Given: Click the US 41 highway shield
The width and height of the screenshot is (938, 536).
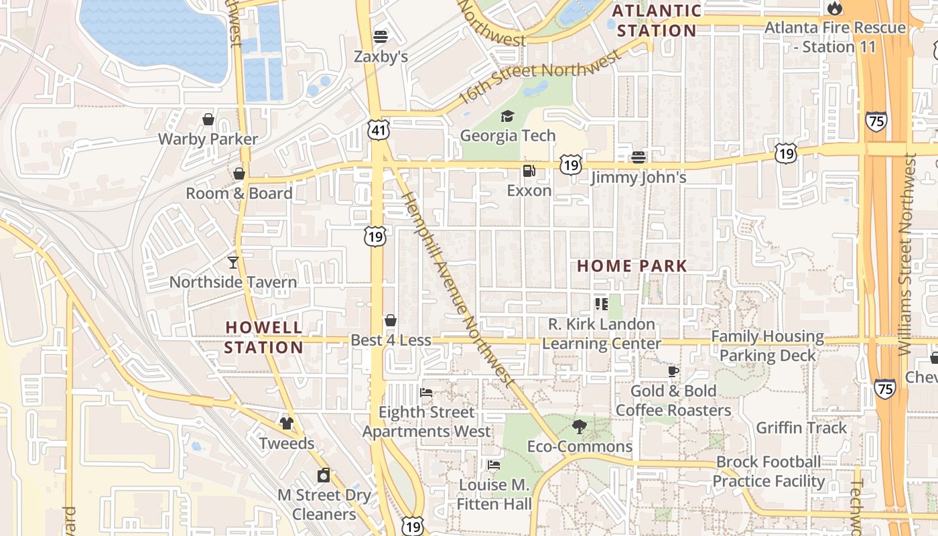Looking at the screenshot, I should click(x=378, y=130).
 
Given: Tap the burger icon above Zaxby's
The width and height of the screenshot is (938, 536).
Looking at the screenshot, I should click(x=381, y=36).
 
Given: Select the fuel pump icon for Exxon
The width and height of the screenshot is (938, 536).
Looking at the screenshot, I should click(x=529, y=171).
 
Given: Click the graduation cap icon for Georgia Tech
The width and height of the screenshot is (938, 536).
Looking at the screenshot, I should click(x=507, y=117).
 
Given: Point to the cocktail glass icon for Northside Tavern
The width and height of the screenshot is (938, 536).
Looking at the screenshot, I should click(x=232, y=262).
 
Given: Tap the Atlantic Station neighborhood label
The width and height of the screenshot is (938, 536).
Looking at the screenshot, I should click(x=657, y=21).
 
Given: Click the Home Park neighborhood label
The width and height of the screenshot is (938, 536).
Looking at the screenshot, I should click(x=632, y=266).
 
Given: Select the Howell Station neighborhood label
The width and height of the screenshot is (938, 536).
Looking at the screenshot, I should click(x=263, y=337).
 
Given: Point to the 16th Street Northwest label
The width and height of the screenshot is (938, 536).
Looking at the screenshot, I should click(x=539, y=78).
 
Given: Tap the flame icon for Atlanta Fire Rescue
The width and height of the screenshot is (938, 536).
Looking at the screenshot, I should click(x=834, y=8).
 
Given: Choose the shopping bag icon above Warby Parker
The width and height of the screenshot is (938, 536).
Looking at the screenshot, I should click(x=208, y=119).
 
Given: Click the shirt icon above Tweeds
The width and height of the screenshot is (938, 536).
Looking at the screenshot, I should click(x=287, y=423).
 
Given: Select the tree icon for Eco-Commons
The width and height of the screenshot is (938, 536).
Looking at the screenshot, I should click(x=580, y=426).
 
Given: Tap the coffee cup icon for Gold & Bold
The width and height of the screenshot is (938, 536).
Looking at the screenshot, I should click(x=673, y=371).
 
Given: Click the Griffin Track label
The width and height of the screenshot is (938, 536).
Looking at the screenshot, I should click(x=801, y=427).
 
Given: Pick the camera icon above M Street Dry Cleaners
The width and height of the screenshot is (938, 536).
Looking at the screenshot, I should click(x=324, y=475).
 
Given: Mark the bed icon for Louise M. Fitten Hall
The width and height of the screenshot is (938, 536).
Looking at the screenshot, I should click(x=494, y=464).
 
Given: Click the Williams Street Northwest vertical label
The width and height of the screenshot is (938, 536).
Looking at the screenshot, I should click(x=907, y=255).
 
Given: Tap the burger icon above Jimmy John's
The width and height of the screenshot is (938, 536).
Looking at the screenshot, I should click(x=638, y=157).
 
